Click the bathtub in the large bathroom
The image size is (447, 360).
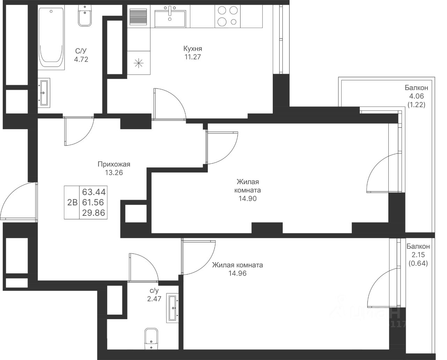click(x=51, y=37)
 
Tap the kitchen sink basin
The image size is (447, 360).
click(x=170, y=19)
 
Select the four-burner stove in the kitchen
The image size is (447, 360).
click(x=228, y=16)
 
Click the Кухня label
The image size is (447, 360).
click(x=192, y=49)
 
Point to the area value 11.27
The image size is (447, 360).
click(x=193, y=57)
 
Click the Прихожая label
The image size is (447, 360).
click(x=114, y=164)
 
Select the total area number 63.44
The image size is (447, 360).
click(x=94, y=192)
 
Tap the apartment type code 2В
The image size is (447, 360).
click(x=72, y=202)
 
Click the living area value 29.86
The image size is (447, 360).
click(x=94, y=213)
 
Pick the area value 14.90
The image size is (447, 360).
click(x=247, y=199)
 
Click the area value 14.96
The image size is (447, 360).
click(x=237, y=273)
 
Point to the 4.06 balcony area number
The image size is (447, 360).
click(x=416, y=96)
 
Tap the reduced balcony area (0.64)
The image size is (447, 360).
click(x=418, y=263)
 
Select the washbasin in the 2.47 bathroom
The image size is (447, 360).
click(x=173, y=308)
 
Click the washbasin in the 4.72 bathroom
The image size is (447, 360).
click(x=44, y=93)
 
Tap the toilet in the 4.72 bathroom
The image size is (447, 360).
click(x=85, y=16)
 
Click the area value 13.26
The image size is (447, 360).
click(x=114, y=172)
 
